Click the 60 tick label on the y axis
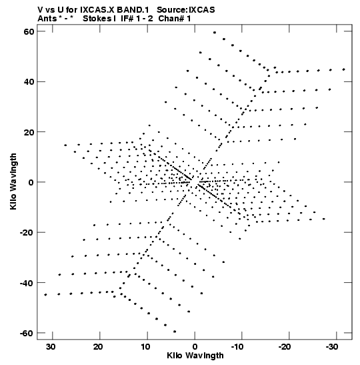point(29,31)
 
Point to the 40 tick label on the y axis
point(29,81)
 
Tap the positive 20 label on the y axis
point(29,131)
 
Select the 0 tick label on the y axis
point(31,182)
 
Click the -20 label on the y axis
point(27,232)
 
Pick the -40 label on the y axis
point(27,283)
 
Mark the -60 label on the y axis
point(27,333)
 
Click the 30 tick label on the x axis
point(51,347)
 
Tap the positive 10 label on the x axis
point(145,347)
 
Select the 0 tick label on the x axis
point(195,347)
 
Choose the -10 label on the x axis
point(237,347)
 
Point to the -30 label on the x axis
point(332,347)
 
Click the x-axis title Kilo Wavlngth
point(195,356)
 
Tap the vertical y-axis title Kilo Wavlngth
point(13,181)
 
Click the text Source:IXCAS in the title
point(186,10)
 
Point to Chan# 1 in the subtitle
point(175,19)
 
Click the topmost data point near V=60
point(215,33)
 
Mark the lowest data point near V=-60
point(175,332)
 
